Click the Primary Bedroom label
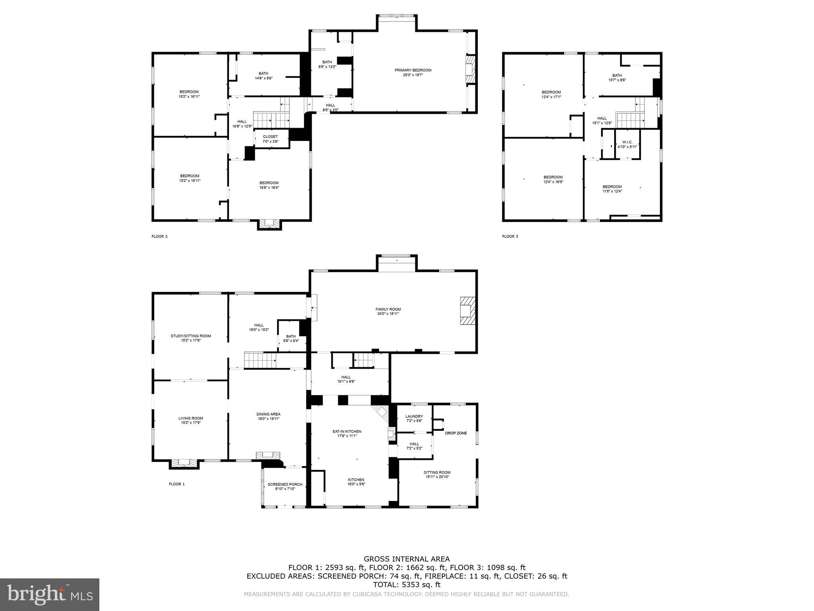(413, 70)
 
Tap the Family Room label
(388, 309)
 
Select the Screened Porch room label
(285, 484)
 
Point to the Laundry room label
(414, 416)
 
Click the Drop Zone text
(456, 433)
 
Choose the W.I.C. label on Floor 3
(627, 142)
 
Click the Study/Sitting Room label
(191, 336)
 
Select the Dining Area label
(268, 414)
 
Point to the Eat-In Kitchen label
(347, 431)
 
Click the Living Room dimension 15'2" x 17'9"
(191, 423)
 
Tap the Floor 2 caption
(159, 236)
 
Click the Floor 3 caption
(510, 236)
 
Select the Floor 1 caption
(177, 484)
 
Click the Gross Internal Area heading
(407, 559)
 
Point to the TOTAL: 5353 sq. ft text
(407, 585)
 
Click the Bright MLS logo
(50, 594)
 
